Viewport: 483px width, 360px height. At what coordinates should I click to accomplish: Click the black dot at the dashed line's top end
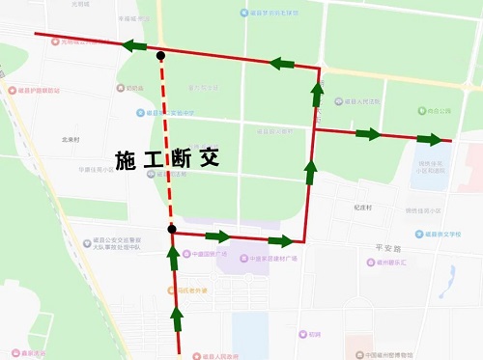pos(160,56)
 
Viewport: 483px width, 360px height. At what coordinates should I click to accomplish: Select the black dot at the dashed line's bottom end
pos(171,229)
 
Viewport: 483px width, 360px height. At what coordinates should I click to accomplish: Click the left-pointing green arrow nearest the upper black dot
pos(134,46)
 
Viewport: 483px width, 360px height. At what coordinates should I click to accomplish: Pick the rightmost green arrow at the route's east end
pos(429,139)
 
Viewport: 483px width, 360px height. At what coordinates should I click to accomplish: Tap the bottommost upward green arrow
pos(177,315)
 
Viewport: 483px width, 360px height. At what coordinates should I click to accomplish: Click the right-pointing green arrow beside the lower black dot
pos(218,236)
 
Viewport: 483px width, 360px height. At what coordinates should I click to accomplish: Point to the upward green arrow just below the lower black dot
pos(174,256)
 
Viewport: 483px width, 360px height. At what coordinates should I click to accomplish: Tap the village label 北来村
pos(71,139)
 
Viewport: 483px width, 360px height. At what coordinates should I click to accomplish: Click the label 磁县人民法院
pos(359,101)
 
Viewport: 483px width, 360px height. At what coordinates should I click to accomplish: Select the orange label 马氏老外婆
pos(190,290)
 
